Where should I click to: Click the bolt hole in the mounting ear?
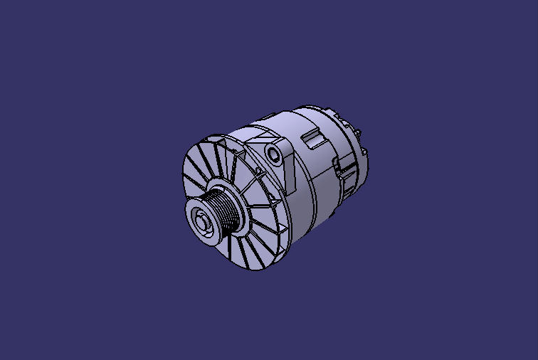273,154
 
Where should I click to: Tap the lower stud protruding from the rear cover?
365,152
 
